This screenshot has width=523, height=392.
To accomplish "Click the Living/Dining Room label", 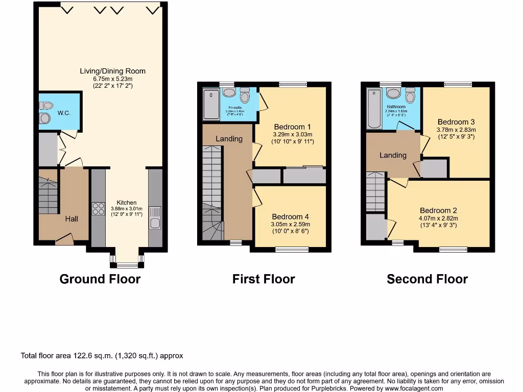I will click(112, 71).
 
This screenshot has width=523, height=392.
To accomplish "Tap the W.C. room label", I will click(63, 113).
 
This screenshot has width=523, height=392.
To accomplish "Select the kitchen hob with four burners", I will click(98, 210).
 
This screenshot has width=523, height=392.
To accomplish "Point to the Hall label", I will click(72, 219).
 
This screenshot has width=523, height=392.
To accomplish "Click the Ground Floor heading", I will click(100, 279).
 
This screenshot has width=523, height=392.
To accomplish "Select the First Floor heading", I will click(264, 279).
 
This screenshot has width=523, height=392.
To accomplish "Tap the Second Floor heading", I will click(427, 279).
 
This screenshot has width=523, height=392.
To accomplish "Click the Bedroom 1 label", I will click(292, 127).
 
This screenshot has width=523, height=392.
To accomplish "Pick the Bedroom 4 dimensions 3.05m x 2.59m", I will click(290, 224).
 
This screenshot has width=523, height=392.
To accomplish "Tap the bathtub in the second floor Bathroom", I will click(373, 107).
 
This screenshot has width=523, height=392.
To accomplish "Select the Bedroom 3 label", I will click(456, 122).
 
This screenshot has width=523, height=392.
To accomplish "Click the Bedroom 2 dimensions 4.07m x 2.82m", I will click(438, 218).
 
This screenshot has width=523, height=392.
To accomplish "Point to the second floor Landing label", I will click(393, 155).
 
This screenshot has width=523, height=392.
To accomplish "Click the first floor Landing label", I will click(229, 139).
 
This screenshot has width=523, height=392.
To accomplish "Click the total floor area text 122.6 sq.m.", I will click(102, 356).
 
